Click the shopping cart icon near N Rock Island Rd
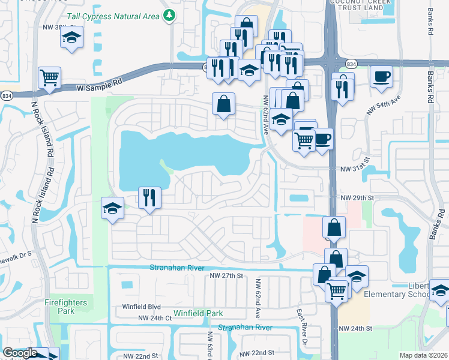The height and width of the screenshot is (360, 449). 49,76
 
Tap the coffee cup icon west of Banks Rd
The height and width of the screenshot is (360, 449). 381,76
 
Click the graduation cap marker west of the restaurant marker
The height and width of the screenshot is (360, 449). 112,208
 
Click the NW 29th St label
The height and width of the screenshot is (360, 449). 358,197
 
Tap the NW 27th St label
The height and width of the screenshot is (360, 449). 226,275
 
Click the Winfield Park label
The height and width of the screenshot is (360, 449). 198,313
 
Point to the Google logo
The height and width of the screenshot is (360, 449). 20,353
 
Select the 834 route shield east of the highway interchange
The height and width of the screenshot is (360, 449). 351,64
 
